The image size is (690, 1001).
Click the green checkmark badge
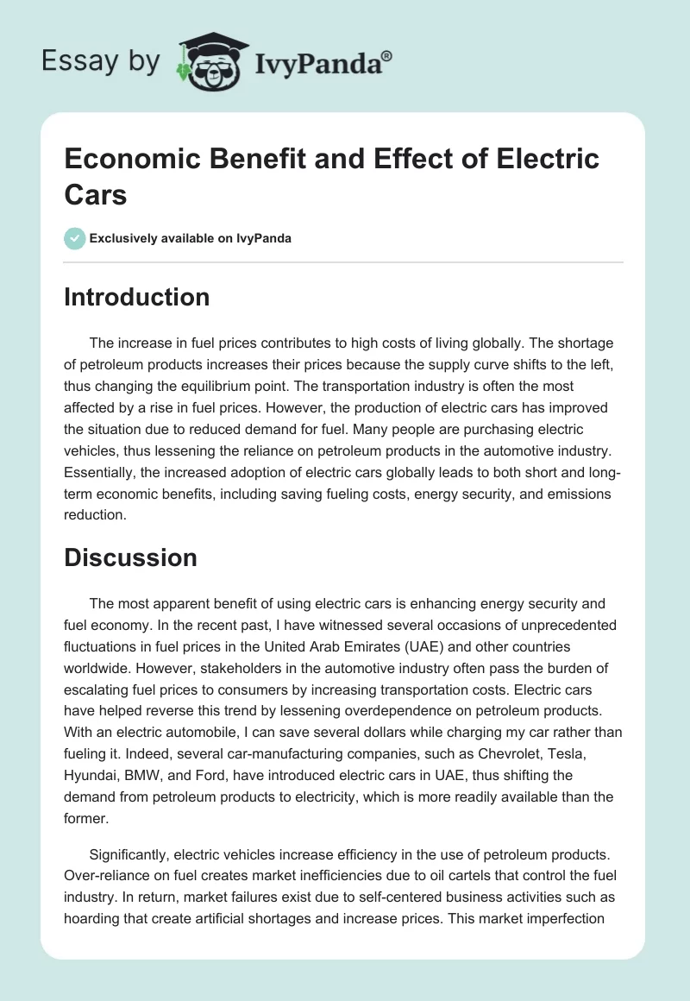75,238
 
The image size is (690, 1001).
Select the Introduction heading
136,297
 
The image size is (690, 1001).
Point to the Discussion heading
130,557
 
